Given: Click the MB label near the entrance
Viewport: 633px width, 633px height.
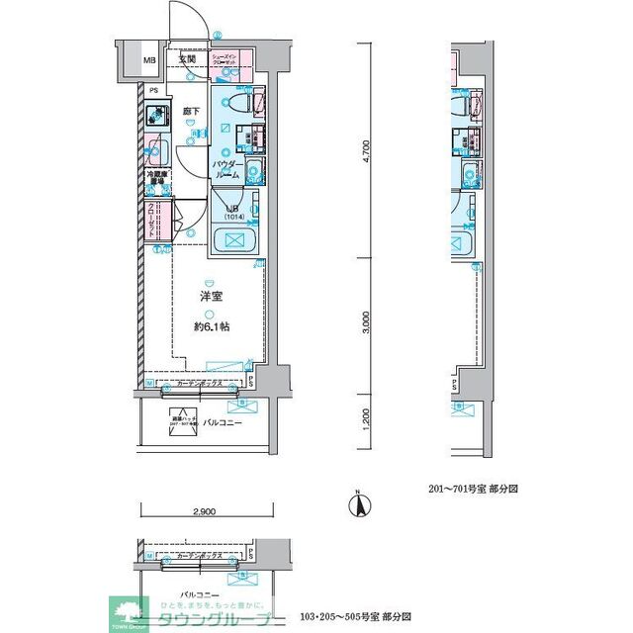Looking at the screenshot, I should coord(150,60).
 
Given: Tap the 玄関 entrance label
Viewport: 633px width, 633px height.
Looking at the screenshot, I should coord(187,59).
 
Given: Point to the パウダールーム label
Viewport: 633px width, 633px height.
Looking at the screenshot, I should coord(226,168).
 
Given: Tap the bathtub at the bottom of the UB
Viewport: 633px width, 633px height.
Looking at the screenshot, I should coord(234,240).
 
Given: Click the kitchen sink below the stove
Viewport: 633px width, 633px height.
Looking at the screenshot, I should coord(155,153).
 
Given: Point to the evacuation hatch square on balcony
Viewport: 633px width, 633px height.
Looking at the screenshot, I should coord(180,420).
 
